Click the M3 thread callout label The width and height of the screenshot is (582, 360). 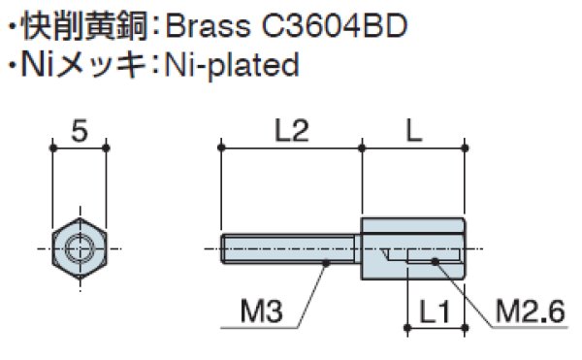coord(261,312)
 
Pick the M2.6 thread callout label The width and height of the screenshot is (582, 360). coord(529,312)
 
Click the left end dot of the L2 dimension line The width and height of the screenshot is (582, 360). coord(222,147)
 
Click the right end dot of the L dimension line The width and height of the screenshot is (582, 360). coord(468,147)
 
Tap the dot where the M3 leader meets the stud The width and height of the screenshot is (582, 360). coord(327,261)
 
